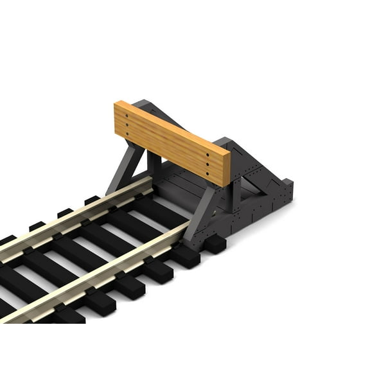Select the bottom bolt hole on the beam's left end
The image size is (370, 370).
(x=128, y=135)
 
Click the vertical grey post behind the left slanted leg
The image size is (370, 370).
(x=153, y=164)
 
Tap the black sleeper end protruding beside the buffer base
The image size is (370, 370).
(x=215, y=244)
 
